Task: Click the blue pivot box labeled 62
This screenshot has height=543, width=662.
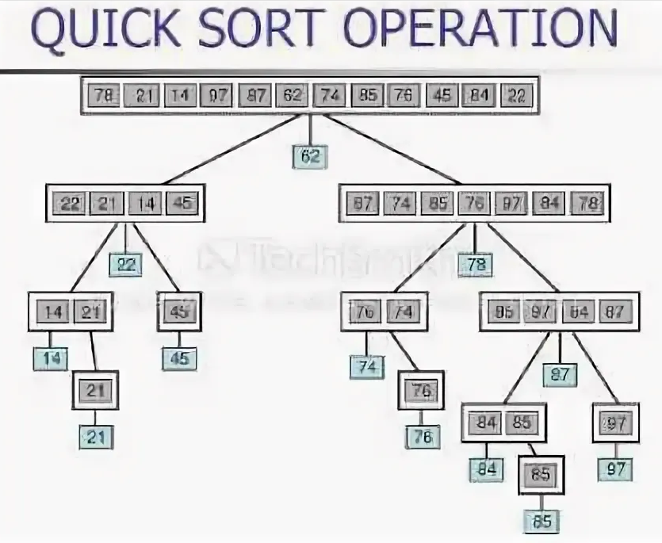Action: (x=309, y=156)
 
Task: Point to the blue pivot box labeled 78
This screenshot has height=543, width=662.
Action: (x=476, y=265)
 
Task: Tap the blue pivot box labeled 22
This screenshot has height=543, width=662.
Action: (x=125, y=264)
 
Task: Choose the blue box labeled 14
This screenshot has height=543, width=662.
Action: (x=51, y=358)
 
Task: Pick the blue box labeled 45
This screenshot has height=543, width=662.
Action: (x=180, y=358)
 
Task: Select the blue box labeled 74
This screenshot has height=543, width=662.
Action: (x=366, y=366)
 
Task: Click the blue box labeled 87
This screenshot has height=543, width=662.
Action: (x=560, y=374)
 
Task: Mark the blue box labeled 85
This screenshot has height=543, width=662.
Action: (x=542, y=521)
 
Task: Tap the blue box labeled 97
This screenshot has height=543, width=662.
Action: (x=615, y=468)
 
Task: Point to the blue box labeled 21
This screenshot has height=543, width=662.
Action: (x=95, y=436)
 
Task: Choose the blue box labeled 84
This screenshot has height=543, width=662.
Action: (x=485, y=468)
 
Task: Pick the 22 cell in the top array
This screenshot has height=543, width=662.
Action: (x=517, y=96)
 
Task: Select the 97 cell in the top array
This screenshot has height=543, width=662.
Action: (x=217, y=96)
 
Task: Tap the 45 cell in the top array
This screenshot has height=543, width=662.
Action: (x=442, y=96)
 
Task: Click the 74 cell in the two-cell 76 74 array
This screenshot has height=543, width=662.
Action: (x=404, y=312)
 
